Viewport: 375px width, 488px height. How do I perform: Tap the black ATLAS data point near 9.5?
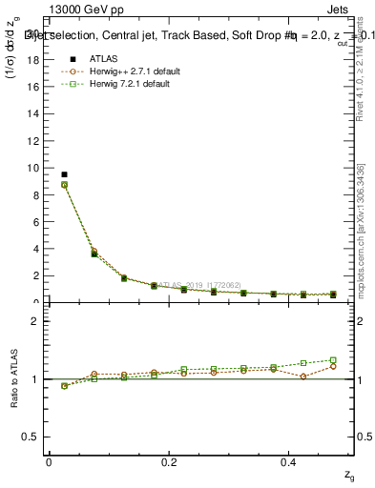(x=64, y=174)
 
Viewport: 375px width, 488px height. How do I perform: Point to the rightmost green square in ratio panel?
(x=333, y=360)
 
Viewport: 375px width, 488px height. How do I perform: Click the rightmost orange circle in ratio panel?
(x=333, y=366)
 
